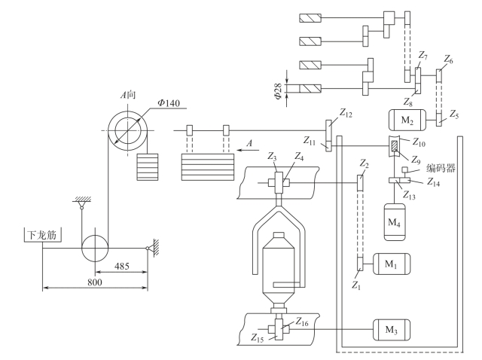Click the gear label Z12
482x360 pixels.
click(x=346, y=113)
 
